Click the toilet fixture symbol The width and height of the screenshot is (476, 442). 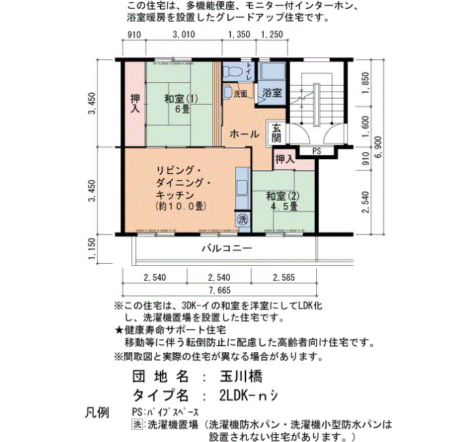click(x=233, y=71)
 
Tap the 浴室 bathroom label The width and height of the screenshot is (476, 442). click(x=272, y=93)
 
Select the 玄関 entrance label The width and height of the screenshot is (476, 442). click(x=276, y=133)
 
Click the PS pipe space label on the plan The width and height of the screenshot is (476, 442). click(x=316, y=151)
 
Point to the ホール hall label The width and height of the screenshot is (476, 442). click(x=244, y=133)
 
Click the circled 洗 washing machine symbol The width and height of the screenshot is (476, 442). click(x=242, y=219)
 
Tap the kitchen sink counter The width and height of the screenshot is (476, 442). click(x=242, y=188)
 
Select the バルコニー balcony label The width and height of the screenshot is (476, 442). click(x=227, y=249)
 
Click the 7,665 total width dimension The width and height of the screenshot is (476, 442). click(x=220, y=290)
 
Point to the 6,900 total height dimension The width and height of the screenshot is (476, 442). click(x=379, y=148)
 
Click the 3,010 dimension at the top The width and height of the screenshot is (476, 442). click(x=184, y=35)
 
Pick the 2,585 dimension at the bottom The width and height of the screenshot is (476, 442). click(x=284, y=277)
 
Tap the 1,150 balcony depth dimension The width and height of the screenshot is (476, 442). click(x=92, y=249)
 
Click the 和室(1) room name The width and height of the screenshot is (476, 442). click(x=181, y=99)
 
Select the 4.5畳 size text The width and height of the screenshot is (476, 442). click(x=284, y=207)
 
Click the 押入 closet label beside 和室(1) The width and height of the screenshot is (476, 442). click(x=135, y=104)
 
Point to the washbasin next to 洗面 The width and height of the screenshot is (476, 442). click(x=227, y=91)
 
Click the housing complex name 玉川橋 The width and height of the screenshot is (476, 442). click(x=241, y=377)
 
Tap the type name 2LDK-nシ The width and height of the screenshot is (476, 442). click(x=248, y=395)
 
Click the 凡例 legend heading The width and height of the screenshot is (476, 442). click(x=97, y=412)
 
